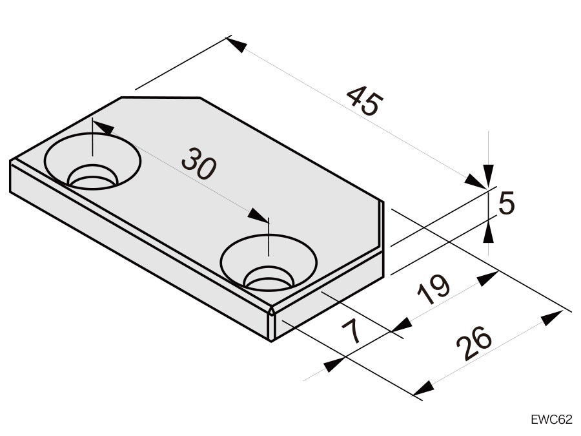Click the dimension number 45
point(364,101)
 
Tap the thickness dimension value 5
point(507,203)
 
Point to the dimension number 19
point(433,289)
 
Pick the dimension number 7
point(351,331)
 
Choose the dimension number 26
point(474,343)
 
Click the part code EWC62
point(551,419)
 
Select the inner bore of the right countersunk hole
point(269,277)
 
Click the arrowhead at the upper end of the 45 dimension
point(236,44)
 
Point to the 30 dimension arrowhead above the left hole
point(103,127)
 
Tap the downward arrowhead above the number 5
point(489,176)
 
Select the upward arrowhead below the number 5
point(489,231)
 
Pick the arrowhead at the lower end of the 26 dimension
point(423,388)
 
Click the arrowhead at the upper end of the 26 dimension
point(553,318)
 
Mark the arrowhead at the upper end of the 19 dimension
point(487,278)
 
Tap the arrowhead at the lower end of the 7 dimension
point(334,365)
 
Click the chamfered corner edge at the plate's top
point(161,98)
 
